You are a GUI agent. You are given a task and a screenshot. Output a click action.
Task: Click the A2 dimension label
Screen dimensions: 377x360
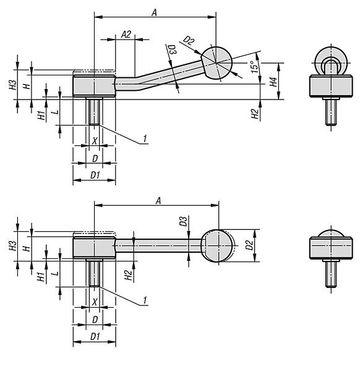pos(126,34)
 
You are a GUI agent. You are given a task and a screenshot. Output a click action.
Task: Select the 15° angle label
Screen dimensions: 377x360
pos(252,67)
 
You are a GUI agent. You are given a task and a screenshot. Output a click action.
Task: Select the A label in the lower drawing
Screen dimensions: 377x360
pos(158,200)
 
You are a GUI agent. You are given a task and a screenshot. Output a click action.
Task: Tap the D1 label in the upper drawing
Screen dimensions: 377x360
pos(95,176)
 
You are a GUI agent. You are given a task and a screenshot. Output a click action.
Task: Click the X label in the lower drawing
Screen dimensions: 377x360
pos(94,302)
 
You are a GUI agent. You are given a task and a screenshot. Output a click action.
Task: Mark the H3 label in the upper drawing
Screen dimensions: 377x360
pos(13,85)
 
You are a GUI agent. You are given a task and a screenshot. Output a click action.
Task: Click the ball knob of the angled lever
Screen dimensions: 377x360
pos(216,62)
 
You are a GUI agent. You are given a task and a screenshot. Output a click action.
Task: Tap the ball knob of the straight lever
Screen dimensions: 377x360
pos(218,245)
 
